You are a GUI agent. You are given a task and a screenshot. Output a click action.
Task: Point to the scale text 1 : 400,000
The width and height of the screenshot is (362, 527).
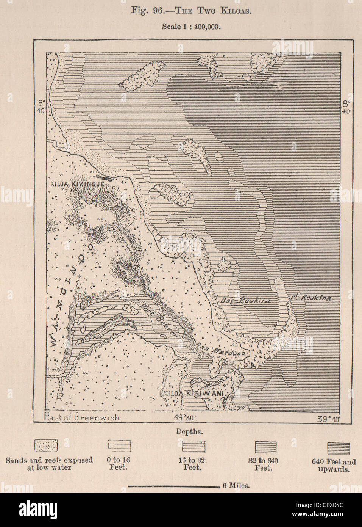(191, 27)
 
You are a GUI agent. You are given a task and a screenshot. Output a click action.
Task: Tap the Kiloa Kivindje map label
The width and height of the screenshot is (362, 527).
(77, 184)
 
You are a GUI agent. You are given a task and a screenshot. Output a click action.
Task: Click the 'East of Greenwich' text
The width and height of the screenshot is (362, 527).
(82, 417)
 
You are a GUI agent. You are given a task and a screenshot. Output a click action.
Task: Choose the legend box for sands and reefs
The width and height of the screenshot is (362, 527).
(46, 445)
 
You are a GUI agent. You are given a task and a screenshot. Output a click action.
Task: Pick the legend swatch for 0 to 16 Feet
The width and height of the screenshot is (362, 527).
(119, 445)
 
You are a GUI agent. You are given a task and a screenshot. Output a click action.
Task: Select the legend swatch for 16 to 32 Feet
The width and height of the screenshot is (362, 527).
(193, 446)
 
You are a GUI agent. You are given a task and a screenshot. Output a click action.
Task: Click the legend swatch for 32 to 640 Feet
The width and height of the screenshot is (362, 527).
(265, 446)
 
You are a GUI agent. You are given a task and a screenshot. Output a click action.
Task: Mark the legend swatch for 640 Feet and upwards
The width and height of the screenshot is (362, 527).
(338, 448)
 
